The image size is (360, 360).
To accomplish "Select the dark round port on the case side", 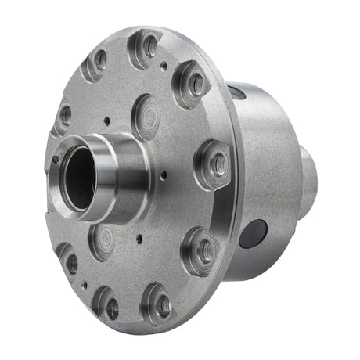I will [x=254, y=233].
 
